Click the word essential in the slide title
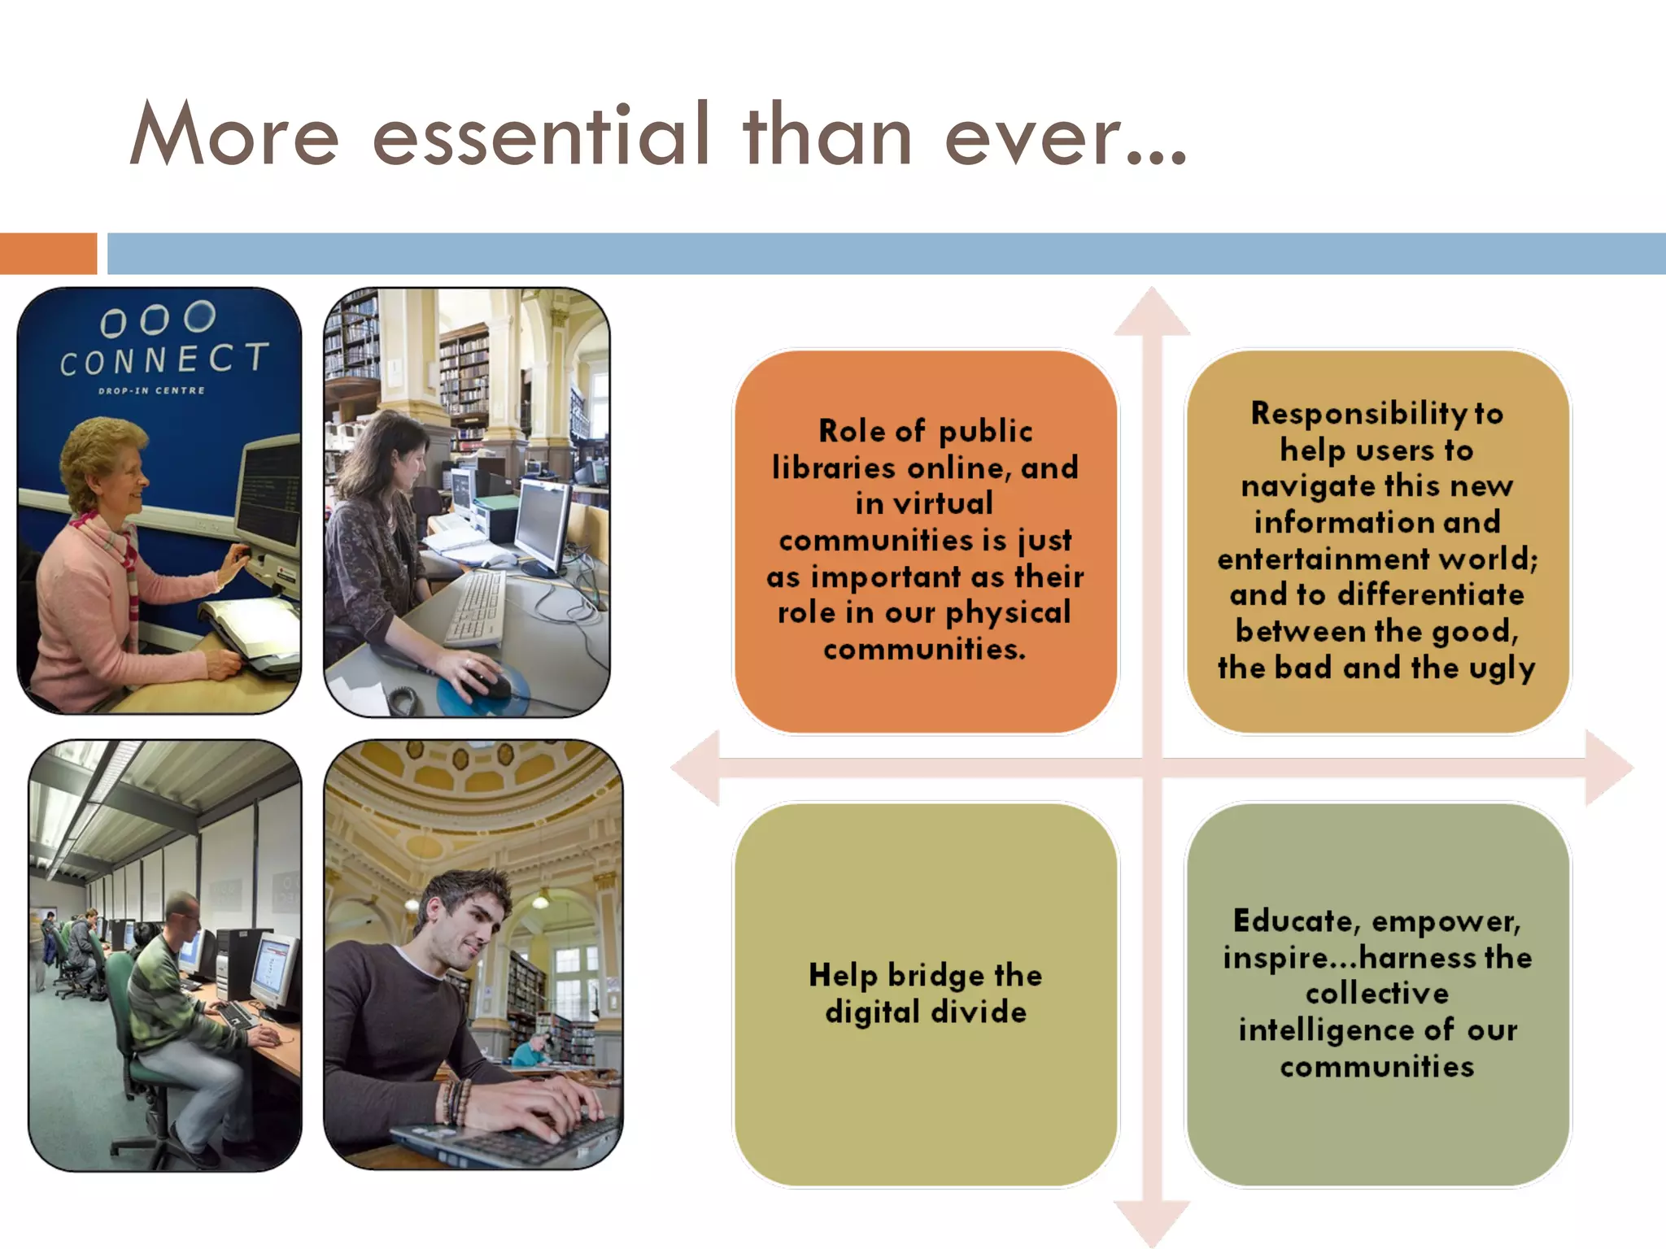(x=541, y=136)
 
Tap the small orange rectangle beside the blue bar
(x=48, y=254)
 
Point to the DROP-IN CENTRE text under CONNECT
(x=152, y=391)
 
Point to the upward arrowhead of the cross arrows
(x=1151, y=314)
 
